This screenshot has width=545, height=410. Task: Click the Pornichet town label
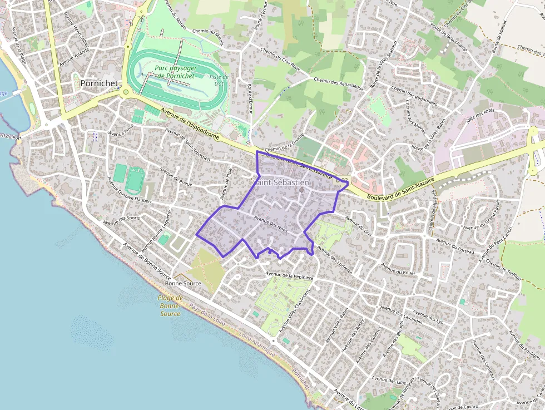click(x=99, y=83)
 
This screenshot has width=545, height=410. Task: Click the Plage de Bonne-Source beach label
click(x=170, y=306)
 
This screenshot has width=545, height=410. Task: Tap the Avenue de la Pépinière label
click(x=290, y=275)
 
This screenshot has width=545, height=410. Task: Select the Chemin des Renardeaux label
click(x=338, y=83)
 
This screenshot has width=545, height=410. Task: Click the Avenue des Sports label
click(x=122, y=220)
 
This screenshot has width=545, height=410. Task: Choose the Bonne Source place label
click(x=183, y=283)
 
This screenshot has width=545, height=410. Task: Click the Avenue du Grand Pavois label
click(x=481, y=218)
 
